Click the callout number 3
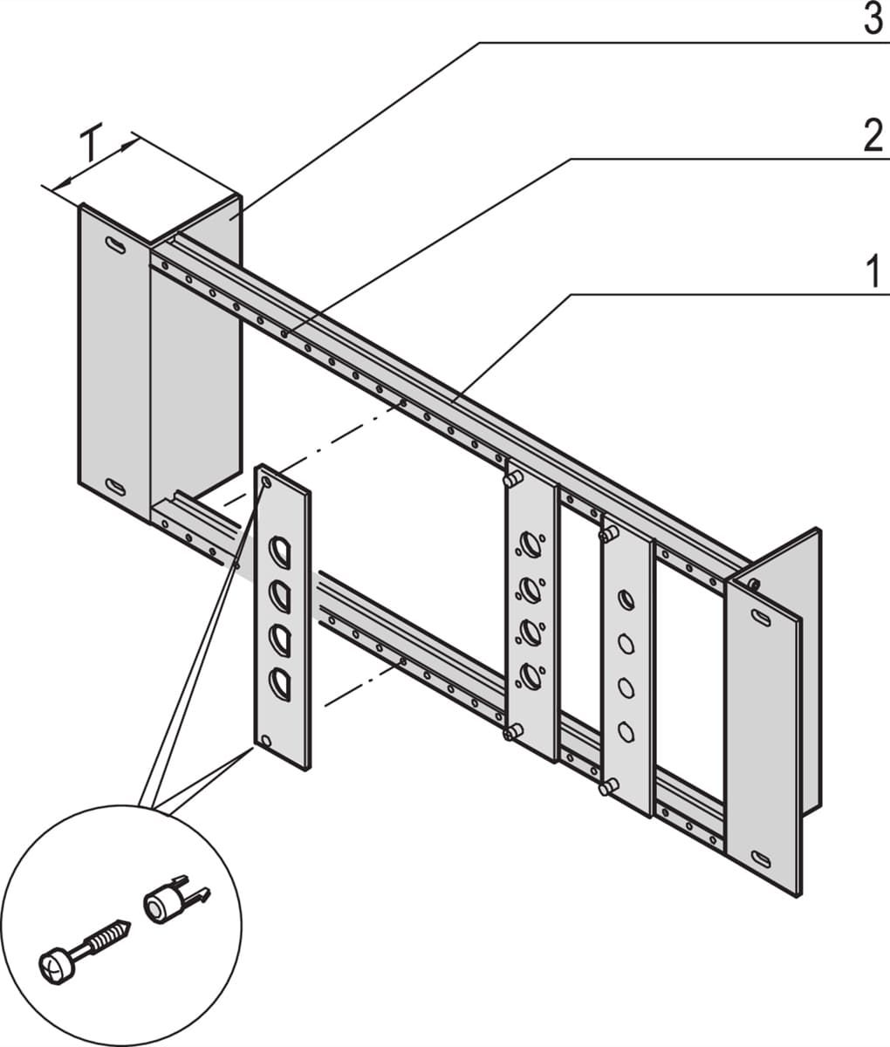(873, 19)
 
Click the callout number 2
(873, 137)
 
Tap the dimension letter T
(91, 144)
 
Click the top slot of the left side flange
(114, 245)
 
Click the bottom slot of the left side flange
(114, 486)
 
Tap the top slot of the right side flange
(763, 617)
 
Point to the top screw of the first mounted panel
(511, 478)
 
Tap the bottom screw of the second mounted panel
(606, 788)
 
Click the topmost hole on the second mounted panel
(626, 600)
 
